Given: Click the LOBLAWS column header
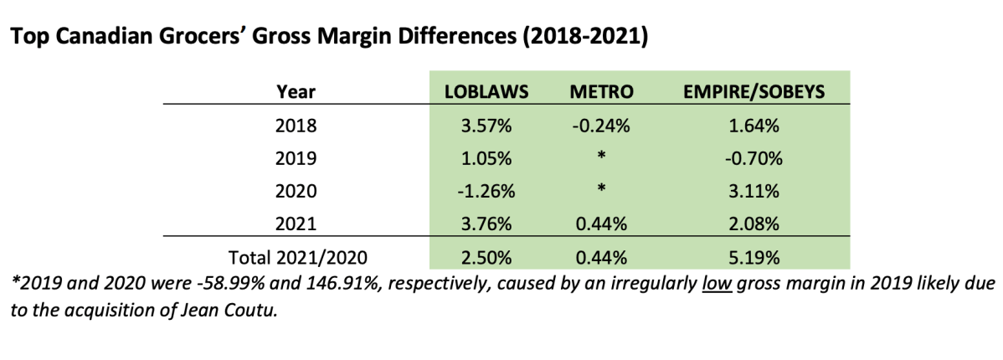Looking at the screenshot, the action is tap(486, 91).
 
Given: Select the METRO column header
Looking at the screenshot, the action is tap(601, 91).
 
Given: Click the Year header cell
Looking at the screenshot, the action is tap(296, 91).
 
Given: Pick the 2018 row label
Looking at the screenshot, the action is tap(296, 126).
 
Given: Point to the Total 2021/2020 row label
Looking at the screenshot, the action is tap(299, 259).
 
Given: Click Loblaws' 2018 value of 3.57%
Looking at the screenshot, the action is tap(486, 126).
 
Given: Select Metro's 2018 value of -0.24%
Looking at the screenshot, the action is tap(601, 126).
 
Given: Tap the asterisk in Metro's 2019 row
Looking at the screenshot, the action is tap(601, 157).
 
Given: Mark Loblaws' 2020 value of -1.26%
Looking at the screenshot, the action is tap(486, 192).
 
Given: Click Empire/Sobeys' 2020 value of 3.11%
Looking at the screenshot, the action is tap(755, 192).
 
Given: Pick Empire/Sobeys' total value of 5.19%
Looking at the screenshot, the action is tap(755, 259).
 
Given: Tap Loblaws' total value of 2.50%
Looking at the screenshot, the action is tap(486, 259).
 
